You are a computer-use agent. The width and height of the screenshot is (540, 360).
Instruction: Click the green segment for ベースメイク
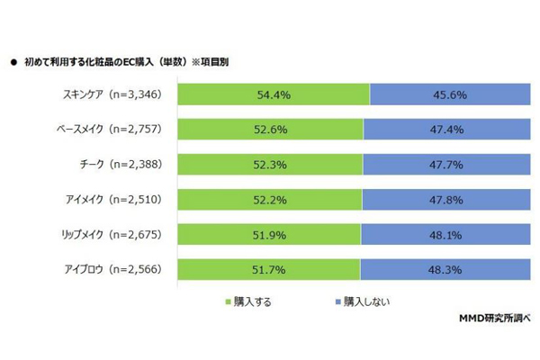point(270,130)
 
